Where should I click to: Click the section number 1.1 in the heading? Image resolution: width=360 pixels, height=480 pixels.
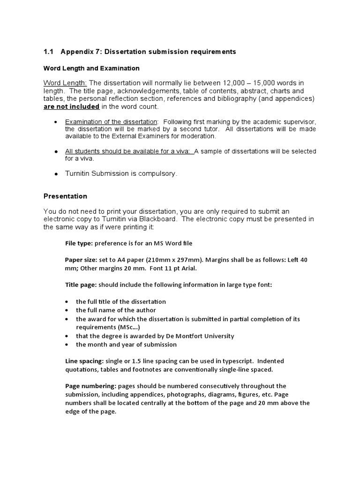[x=49, y=52]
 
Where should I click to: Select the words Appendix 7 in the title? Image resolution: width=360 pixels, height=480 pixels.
[x=80, y=52]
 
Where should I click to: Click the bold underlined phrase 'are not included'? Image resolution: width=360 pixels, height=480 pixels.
[x=71, y=106]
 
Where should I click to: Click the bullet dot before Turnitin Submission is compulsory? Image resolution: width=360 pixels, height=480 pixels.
[x=56, y=173]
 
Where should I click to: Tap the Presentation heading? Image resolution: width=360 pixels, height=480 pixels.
[x=65, y=196]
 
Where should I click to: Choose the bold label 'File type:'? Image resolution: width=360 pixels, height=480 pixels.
[x=78, y=243]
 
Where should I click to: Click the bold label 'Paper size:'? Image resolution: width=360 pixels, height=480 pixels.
[x=81, y=260]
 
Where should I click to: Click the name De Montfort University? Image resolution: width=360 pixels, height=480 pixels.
[x=197, y=336]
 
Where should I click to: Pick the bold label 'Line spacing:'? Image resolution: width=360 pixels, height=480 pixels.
[x=84, y=361]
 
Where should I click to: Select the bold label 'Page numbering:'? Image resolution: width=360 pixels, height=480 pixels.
[x=90, y=386]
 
